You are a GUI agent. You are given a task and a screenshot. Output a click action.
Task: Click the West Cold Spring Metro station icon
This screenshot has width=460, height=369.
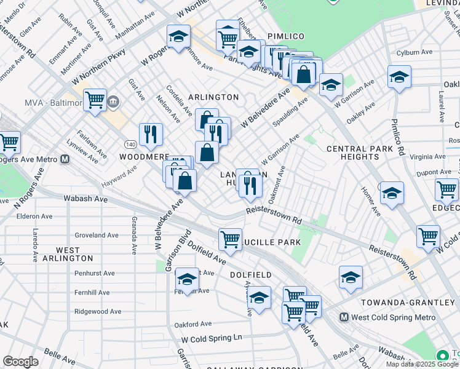click(345, 318)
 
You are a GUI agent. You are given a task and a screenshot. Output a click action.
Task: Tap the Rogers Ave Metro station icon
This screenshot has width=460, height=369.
click(65, 159)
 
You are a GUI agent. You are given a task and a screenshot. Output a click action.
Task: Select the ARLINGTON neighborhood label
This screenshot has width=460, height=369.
click(213, 97)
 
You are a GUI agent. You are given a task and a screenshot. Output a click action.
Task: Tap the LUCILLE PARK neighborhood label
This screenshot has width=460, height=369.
click(274, 242)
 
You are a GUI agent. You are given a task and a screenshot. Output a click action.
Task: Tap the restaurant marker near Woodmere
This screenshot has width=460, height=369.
click(151, 133)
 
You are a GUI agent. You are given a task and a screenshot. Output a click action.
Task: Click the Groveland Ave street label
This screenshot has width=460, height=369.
click(97, 235)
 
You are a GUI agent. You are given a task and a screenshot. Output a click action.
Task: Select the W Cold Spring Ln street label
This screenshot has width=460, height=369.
click(212, 338)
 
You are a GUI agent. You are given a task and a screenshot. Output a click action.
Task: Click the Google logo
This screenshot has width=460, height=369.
click(20, 362)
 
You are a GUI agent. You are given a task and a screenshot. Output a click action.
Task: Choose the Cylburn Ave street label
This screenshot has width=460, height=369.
click(412, 53)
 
